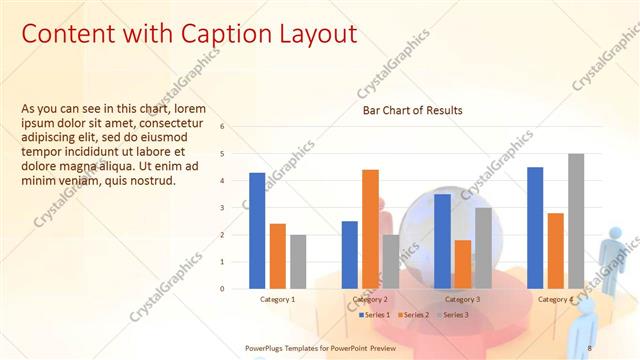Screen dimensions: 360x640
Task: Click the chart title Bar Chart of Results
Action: coord(412,110)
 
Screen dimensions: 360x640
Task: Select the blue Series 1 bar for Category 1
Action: coord(257,230)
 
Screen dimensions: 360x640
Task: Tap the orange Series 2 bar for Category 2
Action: coord(370,228)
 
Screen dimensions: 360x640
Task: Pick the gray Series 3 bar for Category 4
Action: coord(576,221)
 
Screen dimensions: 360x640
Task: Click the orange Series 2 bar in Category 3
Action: coord(462,264)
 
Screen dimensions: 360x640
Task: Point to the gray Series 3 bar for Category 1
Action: coord(298,261)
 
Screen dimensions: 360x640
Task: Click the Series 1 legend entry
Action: coord(374,315)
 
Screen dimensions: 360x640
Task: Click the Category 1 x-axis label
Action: coord(277,299)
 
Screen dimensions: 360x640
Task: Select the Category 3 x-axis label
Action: coord(462,299)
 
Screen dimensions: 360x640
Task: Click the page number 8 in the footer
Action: coord(590,347)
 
